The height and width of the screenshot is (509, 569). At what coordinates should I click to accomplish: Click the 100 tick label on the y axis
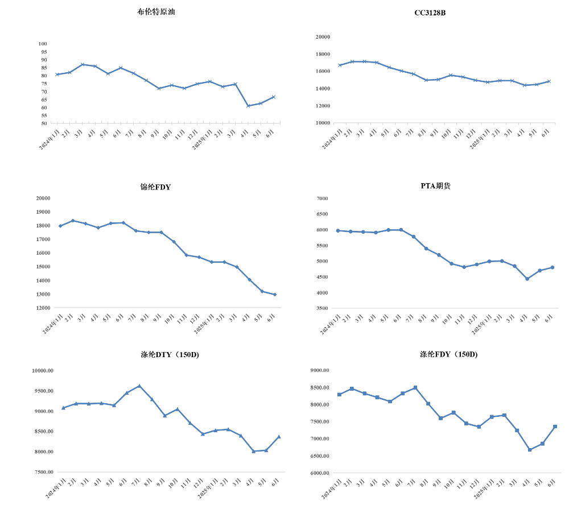tap(43, 44)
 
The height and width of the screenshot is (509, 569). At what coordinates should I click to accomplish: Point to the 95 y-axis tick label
tap(43, 52)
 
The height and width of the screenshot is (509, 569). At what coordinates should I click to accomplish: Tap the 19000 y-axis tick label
tap(43, 212)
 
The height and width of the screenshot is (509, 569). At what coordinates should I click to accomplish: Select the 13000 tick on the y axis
tap(43, 294)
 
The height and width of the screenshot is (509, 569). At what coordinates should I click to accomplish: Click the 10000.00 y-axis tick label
tap(43, 370)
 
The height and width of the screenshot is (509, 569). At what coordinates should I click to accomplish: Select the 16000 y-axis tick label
tap(323, 71)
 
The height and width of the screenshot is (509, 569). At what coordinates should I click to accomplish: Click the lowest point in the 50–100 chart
tap(248, 106)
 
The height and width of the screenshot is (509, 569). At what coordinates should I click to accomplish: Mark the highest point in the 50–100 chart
tap(83, 64)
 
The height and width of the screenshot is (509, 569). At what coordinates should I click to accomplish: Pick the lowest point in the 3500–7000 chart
tap(527, 279)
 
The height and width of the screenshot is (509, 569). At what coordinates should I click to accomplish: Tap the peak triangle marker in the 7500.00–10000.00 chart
tap(139, 386)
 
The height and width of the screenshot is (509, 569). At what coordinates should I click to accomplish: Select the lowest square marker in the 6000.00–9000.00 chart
tap(530, 450)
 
